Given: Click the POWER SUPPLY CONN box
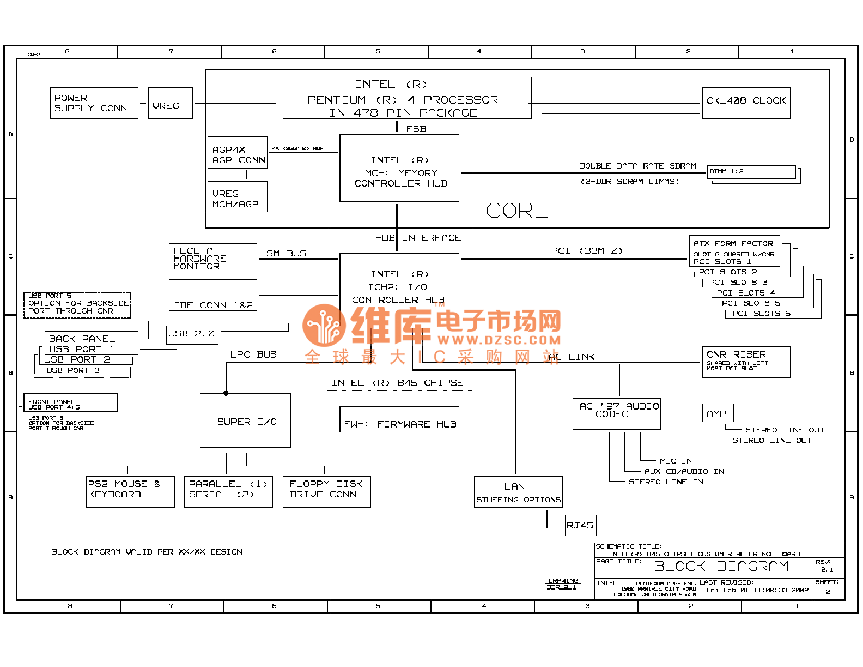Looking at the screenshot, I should (94, 103).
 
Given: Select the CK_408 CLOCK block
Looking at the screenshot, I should (745, 103).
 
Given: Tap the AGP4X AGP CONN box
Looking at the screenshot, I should (238, 153).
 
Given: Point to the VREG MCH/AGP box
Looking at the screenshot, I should (238, 197).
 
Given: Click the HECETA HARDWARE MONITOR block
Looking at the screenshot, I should (212, 259).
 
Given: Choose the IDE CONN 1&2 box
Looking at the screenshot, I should (212, 296).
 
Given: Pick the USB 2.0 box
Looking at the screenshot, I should (192, 334).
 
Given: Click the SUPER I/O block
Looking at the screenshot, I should (245, 420).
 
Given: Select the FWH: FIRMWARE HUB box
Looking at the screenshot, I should (399, 420).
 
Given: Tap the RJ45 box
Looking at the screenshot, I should (580, 525).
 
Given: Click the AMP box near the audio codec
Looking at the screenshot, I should (717, 413).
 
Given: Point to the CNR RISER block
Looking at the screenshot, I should (745, 362).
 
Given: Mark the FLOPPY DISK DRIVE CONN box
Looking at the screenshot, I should (326, 491).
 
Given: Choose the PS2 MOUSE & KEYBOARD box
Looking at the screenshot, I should (130, 491).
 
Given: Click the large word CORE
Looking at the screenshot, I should (517, 211).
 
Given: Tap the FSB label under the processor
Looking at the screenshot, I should (416, 129).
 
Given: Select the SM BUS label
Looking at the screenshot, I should (286, 254).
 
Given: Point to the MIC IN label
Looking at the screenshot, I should (676, 461).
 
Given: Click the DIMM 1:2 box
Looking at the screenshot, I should (751, 172).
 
